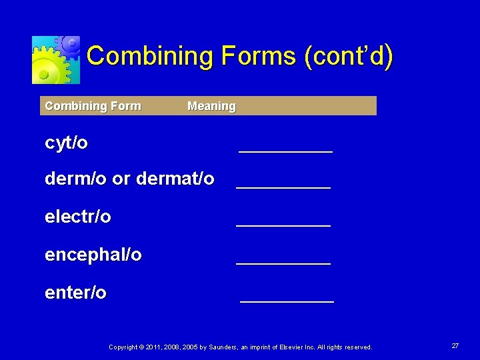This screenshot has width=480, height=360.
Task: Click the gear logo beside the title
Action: point(56,59)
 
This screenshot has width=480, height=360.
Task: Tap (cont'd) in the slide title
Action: point(349,56)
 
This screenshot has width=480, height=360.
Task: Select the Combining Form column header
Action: point(93,106)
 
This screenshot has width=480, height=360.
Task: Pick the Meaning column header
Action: point(211,106)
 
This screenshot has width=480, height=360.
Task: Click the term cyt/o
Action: point(66,143)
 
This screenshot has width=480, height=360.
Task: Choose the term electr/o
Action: point(78,217)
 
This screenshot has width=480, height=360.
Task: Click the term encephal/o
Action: point(93,255)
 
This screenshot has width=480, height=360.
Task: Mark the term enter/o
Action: point(75,293)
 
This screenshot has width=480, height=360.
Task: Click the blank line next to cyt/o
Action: point(285,151)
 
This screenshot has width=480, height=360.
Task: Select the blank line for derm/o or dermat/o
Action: point(283,187)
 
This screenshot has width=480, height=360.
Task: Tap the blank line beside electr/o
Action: point(283,225)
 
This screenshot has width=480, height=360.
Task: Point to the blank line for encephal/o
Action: point(283,263)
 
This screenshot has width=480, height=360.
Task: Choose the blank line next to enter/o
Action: point(287,301)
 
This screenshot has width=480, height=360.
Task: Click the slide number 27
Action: point(455,346)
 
